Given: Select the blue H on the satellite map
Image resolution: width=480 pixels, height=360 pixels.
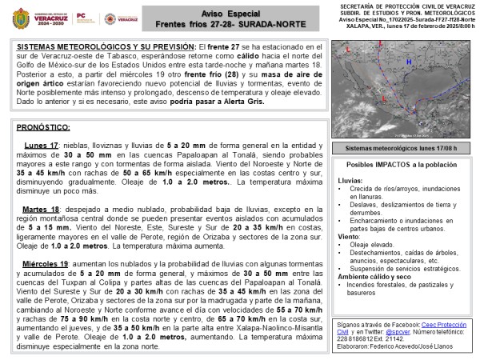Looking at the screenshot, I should [408, 62].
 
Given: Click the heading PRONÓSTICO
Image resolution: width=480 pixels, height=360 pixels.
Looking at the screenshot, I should [43, 126].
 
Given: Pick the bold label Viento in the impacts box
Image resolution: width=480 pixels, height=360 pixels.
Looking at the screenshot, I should [349, 236].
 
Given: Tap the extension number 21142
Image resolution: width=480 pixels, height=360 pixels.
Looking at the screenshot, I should [398, 337].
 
